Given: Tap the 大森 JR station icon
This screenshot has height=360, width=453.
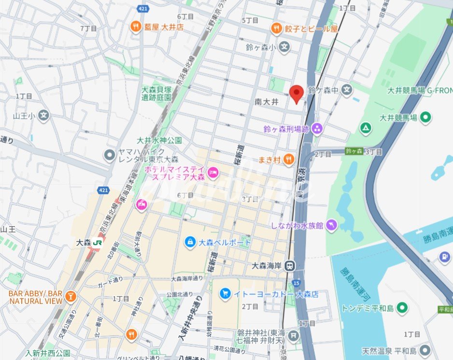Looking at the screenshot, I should tap(99, 243).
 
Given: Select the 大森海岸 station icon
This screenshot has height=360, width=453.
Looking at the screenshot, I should tap(289, 265).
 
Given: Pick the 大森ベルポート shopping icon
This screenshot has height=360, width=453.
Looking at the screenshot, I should tap(191, 241).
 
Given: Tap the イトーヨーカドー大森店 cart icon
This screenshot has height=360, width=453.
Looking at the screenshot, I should tap(225, 293).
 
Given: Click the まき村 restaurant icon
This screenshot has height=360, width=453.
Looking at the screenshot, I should tap(288, 159).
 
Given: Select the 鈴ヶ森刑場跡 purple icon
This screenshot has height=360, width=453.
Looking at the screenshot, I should tap(317, 129).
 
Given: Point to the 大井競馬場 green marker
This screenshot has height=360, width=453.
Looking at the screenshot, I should tap(425, 117).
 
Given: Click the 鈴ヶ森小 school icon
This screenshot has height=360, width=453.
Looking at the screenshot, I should tap(285, 47).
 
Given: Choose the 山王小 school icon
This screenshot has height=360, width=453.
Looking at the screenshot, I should tap(44, 115).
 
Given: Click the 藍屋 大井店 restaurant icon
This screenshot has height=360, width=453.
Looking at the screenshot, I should tap(136, 27).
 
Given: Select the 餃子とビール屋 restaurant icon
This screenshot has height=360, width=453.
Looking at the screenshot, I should tap(276, 28).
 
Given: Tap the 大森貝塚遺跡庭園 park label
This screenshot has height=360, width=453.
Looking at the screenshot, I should tap(156, 93).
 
